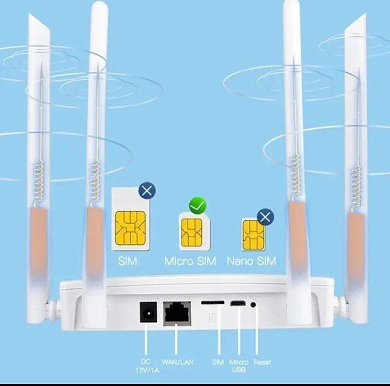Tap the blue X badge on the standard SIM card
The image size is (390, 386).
tap(146, 192)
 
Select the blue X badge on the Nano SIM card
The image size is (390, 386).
tap(265, 216)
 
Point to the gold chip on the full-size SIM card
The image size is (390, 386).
tap(131, 226)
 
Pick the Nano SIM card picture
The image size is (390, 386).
tap(251, 235)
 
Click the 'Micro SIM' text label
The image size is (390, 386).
tap(191, 261)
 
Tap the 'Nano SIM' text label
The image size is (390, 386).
tap(252, 261)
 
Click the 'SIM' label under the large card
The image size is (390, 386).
tap(127, 261)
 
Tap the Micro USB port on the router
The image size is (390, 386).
tap(238, 303)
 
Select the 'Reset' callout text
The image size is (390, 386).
tap(263, 362)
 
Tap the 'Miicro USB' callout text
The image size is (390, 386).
tap(239, 366)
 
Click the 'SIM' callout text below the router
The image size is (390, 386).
tap(218, 362)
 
